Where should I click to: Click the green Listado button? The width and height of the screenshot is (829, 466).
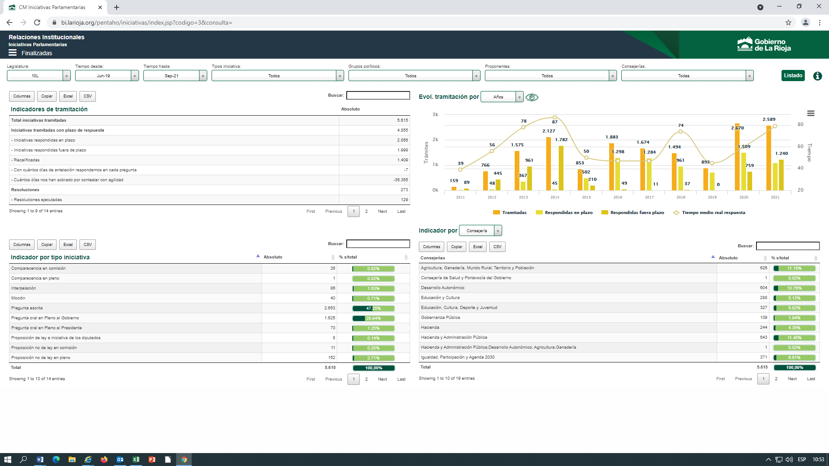tap(793, 76)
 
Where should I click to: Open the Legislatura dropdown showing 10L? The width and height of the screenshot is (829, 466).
tap(39, 76)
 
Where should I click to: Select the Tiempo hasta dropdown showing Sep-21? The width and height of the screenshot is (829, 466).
tap(175, 76)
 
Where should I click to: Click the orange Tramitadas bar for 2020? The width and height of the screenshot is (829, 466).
tap(737, 157)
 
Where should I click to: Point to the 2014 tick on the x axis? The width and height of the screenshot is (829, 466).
tap(555, 197)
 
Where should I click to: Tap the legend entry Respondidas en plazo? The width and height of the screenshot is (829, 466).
tap(564, 213)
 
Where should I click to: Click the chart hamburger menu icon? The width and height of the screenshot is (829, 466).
tap(811, 113)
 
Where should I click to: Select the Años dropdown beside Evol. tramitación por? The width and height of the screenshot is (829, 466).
tap(502, 97)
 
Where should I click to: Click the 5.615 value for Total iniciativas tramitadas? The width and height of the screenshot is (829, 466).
tap(402, 120)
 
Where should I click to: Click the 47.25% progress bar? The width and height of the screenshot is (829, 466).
tap(373, 309)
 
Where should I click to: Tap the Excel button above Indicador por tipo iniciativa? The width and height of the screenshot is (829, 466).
tap(68, 245)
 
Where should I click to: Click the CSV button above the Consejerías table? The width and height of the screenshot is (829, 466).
tap(497, 247)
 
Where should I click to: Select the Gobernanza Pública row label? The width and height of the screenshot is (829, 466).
tap(440, 318)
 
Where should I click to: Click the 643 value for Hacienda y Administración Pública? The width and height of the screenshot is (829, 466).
tap(763, 337)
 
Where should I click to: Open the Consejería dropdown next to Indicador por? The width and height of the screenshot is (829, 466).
tap(481, 231)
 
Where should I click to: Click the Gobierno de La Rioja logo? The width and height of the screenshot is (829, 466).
tap(764, 44)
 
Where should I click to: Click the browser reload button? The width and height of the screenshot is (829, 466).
tap(37, 22)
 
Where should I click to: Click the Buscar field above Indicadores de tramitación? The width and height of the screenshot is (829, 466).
tap(378, 95)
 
